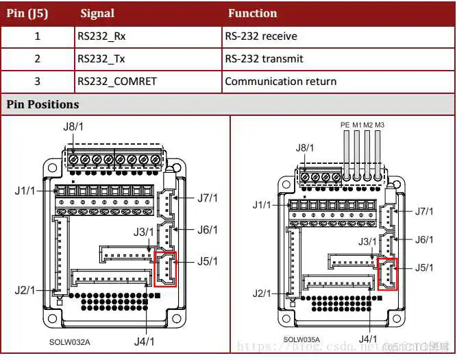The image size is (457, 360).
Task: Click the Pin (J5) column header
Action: point(27,13)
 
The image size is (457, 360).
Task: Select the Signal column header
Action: point(97,13)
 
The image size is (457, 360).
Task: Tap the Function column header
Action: point(252,13)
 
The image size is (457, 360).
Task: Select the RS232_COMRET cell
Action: point(117,81)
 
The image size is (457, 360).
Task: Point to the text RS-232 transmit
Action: point(264,58)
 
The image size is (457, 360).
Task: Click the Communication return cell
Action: point(280,81)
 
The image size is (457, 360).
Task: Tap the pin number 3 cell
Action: point(37,81)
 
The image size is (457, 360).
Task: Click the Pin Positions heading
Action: point(42,104)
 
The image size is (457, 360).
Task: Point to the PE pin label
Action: point(345,125)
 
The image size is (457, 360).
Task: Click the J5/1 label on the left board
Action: point(207,261)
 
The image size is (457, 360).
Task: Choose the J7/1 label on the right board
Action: point(424,211)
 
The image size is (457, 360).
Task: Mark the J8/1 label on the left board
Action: point(73,125)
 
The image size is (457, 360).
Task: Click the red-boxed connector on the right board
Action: point(387,275)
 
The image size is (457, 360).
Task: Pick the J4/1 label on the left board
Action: point(143,340)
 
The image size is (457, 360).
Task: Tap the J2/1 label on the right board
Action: point(262,293)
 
